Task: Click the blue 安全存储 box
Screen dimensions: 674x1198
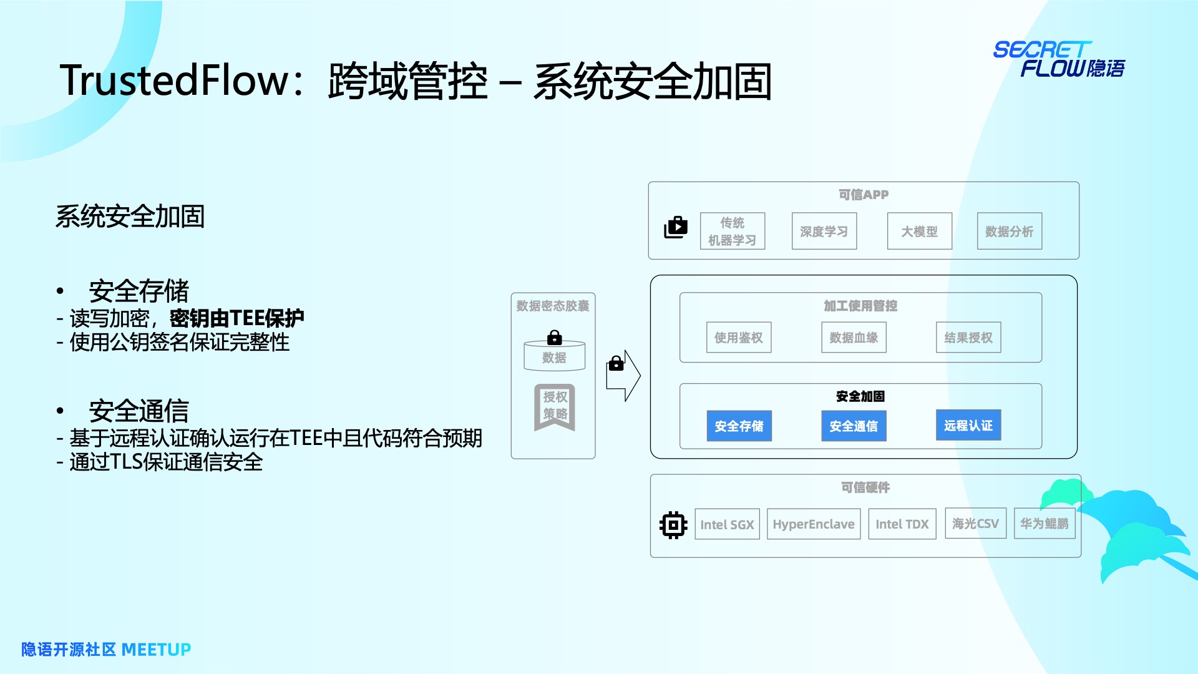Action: (x=739, y=426)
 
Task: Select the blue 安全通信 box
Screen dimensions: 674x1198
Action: (x=854, y=426)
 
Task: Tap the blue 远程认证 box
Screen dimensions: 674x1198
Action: (x=968, y=426)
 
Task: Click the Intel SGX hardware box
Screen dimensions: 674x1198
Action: (x=727, y=524)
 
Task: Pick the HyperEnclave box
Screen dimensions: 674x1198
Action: (x=814, y=524)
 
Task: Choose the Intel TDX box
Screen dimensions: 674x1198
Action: (x=902, y=524)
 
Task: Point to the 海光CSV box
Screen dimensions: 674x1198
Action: (x=976, y=524)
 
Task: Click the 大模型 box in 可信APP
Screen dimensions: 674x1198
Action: (x=920, y=232)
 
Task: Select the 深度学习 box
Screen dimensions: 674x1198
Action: (x=824, y=232)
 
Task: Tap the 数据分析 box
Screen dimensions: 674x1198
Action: (x=1010, y=232)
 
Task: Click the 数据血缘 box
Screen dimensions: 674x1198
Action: (x=854, y=338)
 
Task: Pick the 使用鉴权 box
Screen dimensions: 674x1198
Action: (x=739, y=338)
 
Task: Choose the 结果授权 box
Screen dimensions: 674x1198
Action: (x=968, y=338)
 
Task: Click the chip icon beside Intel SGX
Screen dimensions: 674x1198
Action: (x=673, y=525)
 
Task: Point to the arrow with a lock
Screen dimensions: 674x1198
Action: (x=623, y=375)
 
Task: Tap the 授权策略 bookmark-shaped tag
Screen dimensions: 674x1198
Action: (x=555, y=406)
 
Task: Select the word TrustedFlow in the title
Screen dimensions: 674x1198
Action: (x=175, y=81)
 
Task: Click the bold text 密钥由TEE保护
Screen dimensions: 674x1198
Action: (x=236, y=318)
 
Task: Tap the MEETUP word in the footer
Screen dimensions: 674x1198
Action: (x=156, y=650)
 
